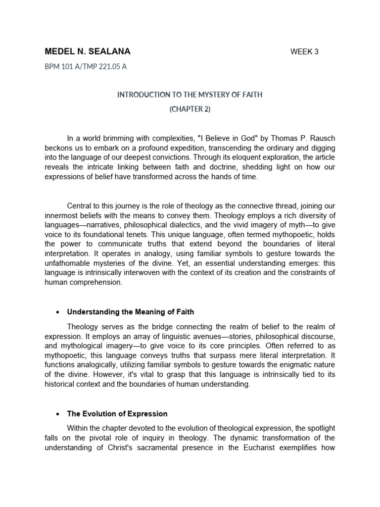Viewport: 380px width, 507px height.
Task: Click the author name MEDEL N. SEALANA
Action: [88, 52]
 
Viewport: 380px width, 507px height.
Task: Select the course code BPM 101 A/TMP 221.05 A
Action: [86, 67]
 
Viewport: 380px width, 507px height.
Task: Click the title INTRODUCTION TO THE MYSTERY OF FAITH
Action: [190, 95]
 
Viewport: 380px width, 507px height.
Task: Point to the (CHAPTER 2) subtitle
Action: [190, 109]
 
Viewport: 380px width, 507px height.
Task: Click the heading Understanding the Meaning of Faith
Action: [131, 312]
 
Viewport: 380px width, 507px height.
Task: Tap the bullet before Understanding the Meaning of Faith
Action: [58, 312]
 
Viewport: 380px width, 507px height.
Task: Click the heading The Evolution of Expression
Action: [117, 413]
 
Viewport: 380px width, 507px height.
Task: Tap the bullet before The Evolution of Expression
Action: [58, 414]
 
